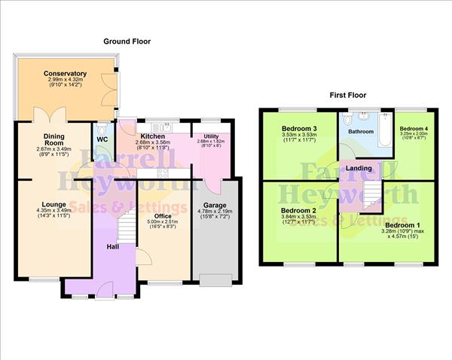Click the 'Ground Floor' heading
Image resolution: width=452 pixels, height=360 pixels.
127,41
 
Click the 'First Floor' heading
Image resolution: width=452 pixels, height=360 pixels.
348,95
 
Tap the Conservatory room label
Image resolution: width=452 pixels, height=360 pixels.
65,74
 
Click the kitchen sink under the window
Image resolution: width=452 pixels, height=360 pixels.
160,125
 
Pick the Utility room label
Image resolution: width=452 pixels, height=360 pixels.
211,136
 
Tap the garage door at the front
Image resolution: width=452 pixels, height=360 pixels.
217,280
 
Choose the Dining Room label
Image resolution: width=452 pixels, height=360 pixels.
53,139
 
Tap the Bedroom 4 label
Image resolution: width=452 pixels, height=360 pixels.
413,128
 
